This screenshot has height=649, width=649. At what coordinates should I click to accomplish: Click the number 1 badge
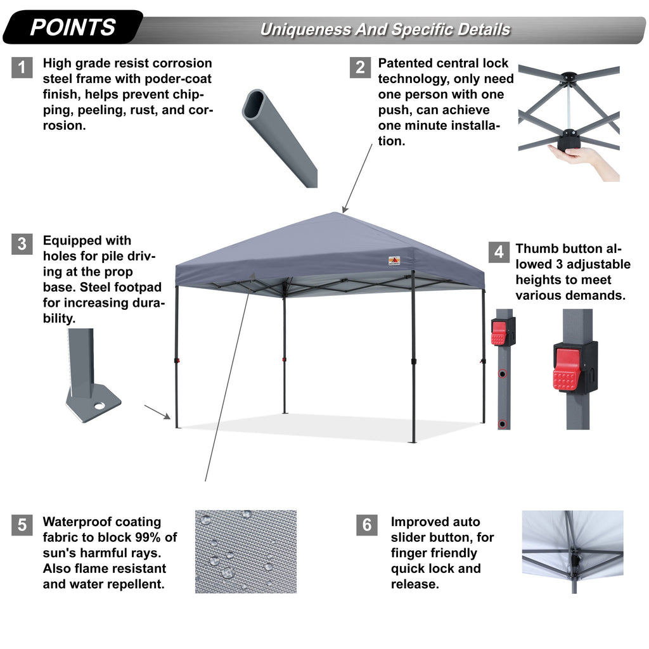point(22,67)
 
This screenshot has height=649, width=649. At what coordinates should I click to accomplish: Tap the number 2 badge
point(360,67)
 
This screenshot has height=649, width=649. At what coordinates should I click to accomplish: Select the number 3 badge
point(22,244)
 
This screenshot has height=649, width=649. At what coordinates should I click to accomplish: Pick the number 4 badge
point(499,252)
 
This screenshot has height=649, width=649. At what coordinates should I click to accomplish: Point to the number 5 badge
point(22,525)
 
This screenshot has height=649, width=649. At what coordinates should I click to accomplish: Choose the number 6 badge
point(366,525)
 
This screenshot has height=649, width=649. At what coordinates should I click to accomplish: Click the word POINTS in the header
point(73,27)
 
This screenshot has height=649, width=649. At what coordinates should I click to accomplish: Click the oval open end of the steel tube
point(256,104)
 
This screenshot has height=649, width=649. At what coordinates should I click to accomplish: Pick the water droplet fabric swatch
point(245,551)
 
